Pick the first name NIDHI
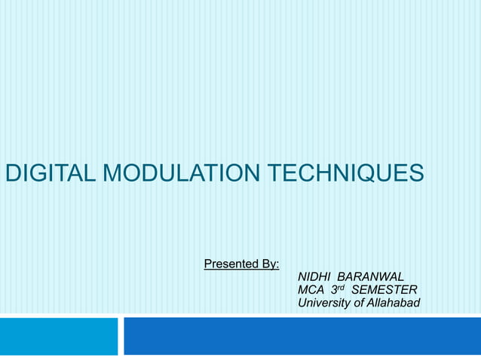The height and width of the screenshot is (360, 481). point(314,276)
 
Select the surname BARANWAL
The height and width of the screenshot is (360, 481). point(370,276)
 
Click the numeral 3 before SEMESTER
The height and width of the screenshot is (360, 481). point(335,290)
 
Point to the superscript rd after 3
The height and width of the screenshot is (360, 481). point(343,287)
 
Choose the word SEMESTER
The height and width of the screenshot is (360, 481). point(384,290)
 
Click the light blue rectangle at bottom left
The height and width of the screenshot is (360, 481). point(59,336)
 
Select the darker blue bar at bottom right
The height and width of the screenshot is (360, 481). point(302,336)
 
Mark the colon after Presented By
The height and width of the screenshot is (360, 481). point(278,264)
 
